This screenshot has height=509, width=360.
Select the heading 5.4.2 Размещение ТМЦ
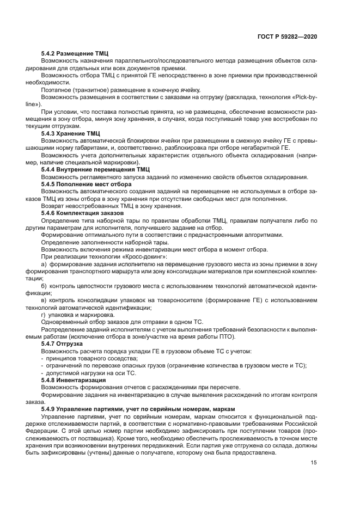[x=75, y=53]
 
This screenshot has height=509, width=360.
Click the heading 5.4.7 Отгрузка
[x=62, y=344]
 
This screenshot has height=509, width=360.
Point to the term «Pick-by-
[x=302, y=97]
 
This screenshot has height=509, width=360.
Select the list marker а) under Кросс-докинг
[x=44, y=263]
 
